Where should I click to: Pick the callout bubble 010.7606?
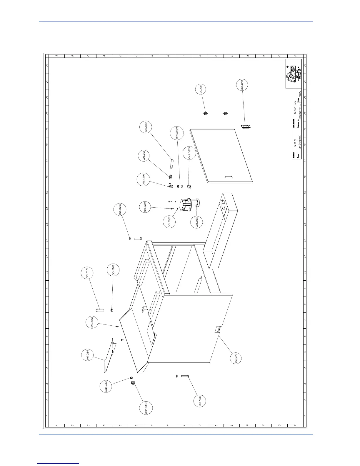coord(120,211)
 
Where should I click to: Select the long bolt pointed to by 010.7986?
coord(185,376)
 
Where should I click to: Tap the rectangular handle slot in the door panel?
coord(229,177)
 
